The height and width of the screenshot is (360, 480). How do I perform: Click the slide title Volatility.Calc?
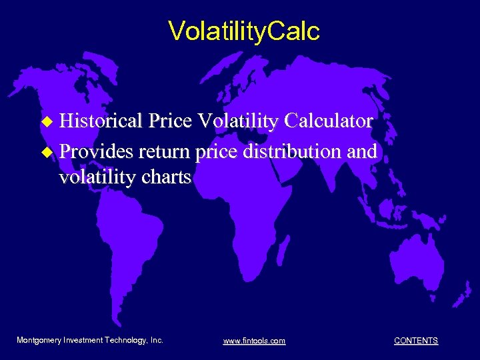pyautogui.click(x=244, y=31)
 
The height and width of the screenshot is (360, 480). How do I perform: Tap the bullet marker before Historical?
pyautogui.click(x=46, y=122)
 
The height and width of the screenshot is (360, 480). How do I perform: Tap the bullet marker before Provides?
pyautogui.click(x=46, y=151)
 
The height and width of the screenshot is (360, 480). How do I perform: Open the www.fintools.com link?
pyautogui.click(x=254, y=341)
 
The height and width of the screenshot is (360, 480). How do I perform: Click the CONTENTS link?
pyautogui.click(x=416, y=341)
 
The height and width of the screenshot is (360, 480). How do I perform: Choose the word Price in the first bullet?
pyautogui.click(x=170, y=121)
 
